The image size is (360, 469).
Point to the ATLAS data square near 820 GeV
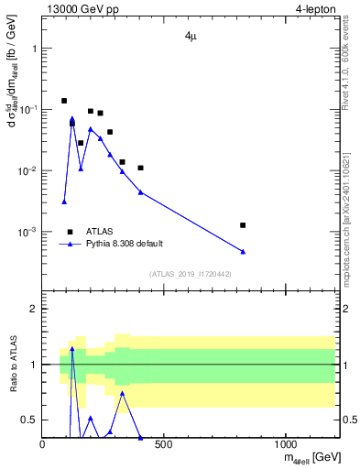(x=243, y=224)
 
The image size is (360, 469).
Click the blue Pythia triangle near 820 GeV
(x=243, y=251)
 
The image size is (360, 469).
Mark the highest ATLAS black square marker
(x=64, y=101)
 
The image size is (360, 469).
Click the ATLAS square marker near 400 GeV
(x=140, y=168)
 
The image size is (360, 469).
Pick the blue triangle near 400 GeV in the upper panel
(x=140, y=191)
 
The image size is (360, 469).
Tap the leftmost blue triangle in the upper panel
(x=64, y=202)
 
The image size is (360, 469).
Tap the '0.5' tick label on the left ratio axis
(x=28, y=420)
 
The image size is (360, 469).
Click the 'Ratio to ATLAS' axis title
(x=12, y=364)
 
